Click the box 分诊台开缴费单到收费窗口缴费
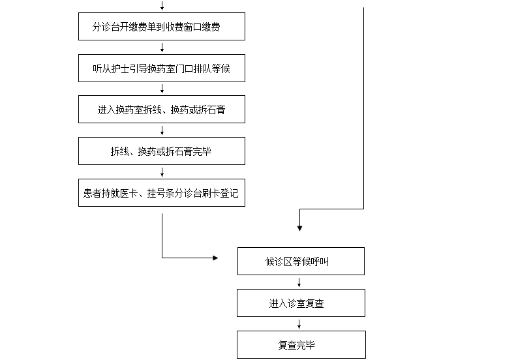(x=161, y=27)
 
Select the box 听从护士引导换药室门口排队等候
(x=161, y=68)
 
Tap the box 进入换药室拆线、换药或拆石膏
(x=161, y=110)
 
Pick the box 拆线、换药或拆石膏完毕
(x=161, y=151)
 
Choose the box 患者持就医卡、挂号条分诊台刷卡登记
(x=161, y=193)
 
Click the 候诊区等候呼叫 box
(x=300, y=262)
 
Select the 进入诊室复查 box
(x=300, y=303)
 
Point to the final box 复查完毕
(x=300, y=345)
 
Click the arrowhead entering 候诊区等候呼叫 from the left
(x=215, y=258)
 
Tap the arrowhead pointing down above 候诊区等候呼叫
(x=299, y=228)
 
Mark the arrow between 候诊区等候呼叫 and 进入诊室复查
(x=299, y=282)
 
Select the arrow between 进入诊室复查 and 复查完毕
(x=299, y=324)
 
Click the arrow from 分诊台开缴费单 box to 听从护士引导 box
(x=162, y=48)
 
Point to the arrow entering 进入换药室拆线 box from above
(x=162, y=89)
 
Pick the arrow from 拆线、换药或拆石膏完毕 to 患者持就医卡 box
(x=162, y=172)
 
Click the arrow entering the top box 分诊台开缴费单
(x=162, y=7)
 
